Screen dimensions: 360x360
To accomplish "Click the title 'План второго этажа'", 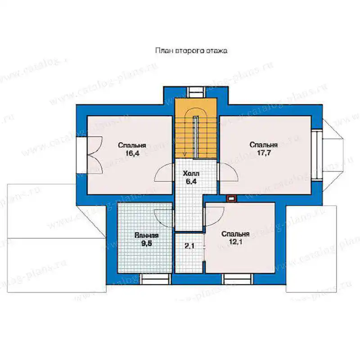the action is (x=191, y=50).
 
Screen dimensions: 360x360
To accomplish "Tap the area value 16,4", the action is (x=132, y=153).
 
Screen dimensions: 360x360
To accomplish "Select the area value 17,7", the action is (x=264, y=153).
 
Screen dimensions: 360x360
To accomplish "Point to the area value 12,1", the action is (x=235, y=242).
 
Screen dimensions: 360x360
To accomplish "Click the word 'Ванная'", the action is (x=147, y=235).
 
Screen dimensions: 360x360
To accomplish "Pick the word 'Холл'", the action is (x=191, y=174).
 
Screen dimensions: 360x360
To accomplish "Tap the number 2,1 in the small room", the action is (x=189, y=246).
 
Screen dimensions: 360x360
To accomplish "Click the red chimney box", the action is (x=232, y=198).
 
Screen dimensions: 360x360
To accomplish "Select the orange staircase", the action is (x=196, y=128).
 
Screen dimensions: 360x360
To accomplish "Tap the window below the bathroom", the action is (x=155, y=279).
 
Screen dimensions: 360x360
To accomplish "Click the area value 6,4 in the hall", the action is (x=191, y=182).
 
